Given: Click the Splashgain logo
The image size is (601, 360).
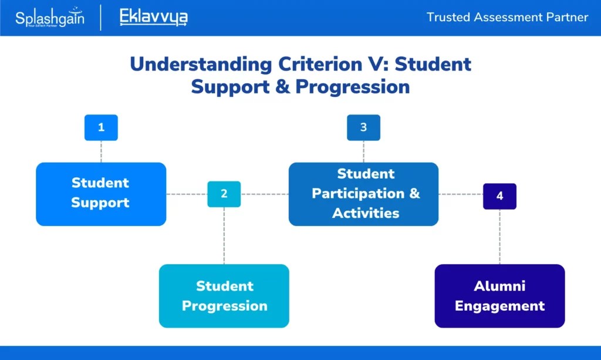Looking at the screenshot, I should pos(49,18).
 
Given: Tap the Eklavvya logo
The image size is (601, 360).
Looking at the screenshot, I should pos(153,17).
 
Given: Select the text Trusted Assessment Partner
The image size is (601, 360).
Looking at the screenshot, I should pos(507,17).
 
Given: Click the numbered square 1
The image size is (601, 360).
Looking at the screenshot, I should pos(101,127).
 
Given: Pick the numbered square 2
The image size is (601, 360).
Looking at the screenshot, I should pos(224,194).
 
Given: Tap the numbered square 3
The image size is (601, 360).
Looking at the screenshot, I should pos(363,127).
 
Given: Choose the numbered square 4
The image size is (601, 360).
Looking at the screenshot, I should pos(499,196).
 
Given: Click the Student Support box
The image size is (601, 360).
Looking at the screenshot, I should pos(101,194).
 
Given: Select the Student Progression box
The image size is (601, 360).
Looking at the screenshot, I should pos(224,296).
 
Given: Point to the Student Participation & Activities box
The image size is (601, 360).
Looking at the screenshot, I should pos(363,194).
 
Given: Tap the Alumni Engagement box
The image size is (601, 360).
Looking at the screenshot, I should pos(499,296).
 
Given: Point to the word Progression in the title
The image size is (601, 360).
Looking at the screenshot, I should pos(352,87).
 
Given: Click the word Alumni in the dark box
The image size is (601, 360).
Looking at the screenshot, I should pos(499,286).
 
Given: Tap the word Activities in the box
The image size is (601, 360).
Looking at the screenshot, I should pos(366,213).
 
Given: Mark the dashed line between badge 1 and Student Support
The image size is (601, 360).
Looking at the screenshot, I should pos(101,152).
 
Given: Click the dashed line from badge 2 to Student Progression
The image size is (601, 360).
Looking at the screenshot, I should pos(224,235).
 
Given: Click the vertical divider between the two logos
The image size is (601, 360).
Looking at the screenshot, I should pos(102,18).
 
